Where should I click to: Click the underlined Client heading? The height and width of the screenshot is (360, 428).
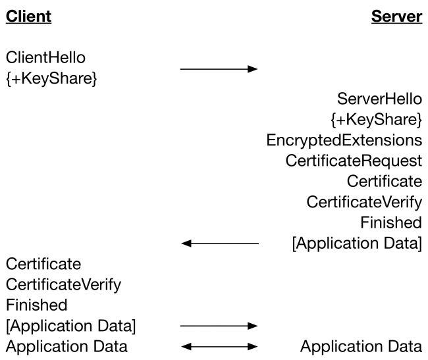pos(28,16)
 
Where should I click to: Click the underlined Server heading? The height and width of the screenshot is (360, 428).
pos(396,16)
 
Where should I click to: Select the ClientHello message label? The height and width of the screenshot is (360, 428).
pos(45,58)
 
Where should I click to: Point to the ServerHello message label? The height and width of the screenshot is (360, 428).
pos(379,99)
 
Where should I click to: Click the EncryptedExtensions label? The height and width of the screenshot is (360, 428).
pos(344,140)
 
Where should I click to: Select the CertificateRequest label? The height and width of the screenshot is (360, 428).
pos(354,161)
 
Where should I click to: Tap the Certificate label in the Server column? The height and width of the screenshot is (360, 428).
pos(384,181)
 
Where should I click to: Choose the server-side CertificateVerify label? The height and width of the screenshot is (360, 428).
pos(364,202)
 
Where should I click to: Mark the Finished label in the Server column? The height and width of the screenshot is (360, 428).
pos(391,222)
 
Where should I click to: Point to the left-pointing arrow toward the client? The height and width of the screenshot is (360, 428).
pos(219,244)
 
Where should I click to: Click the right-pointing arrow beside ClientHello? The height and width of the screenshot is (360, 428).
pos(219,68)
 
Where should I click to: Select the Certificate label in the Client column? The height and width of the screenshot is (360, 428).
pos(43,264)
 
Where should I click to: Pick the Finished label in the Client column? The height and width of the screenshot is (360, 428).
pos(36,305)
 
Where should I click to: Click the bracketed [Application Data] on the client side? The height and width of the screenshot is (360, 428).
pos(71,326)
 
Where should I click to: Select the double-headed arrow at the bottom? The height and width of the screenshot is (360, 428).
pos(219,346)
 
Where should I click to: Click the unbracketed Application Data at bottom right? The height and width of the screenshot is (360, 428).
pos(361,346)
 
